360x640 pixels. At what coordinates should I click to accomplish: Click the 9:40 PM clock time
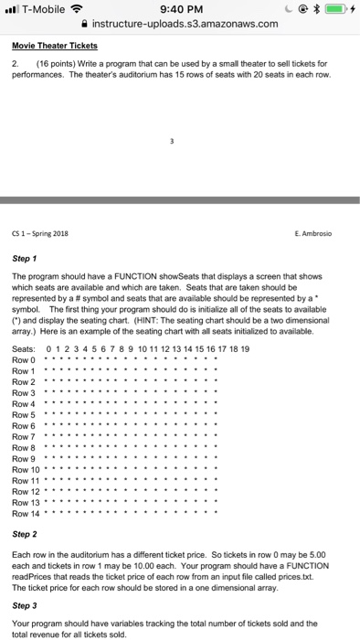coord(180,9)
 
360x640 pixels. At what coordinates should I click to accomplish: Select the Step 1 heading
coord(26,234)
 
